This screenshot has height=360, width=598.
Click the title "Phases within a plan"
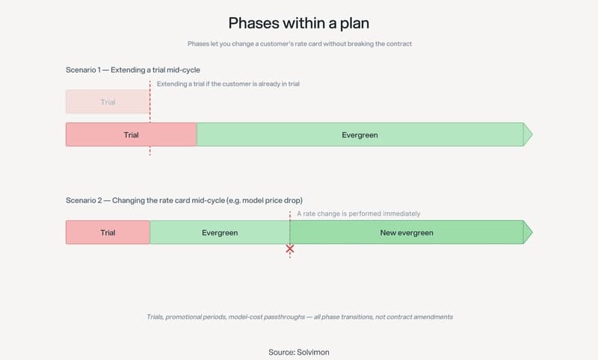[x=299, y=23]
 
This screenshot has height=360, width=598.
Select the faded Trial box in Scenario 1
[x=108, y=102]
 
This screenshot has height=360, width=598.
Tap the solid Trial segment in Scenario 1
[x=132, y=134]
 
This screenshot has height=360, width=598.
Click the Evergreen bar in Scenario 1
[x=360, y=134]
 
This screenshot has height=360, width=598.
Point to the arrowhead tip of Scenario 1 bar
[x=532, y=134]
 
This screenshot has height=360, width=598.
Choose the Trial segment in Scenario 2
[x=108, y=232]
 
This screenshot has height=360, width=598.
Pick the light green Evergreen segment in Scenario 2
[x=220, y=232]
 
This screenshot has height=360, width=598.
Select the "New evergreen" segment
[x=407, y=232]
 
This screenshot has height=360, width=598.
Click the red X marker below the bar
[x=290, y=249]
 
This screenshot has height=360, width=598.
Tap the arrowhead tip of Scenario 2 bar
[x=532, y=232]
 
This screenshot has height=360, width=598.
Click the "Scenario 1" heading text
[x=83, y=70]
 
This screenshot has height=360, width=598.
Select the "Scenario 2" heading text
[x=84, y=200]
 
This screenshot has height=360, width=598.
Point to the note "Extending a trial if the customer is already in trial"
[x=228, y=84]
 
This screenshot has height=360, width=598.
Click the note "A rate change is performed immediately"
[x=359, y=214]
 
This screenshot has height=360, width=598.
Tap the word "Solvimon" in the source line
[x=312, y=353]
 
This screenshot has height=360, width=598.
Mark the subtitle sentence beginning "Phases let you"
[x=300, y=44]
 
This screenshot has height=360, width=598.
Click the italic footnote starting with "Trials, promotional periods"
[x=300, y=317]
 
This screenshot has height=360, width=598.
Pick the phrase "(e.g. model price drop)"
[x=265, y=200]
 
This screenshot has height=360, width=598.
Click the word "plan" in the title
[x=354, y=24]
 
